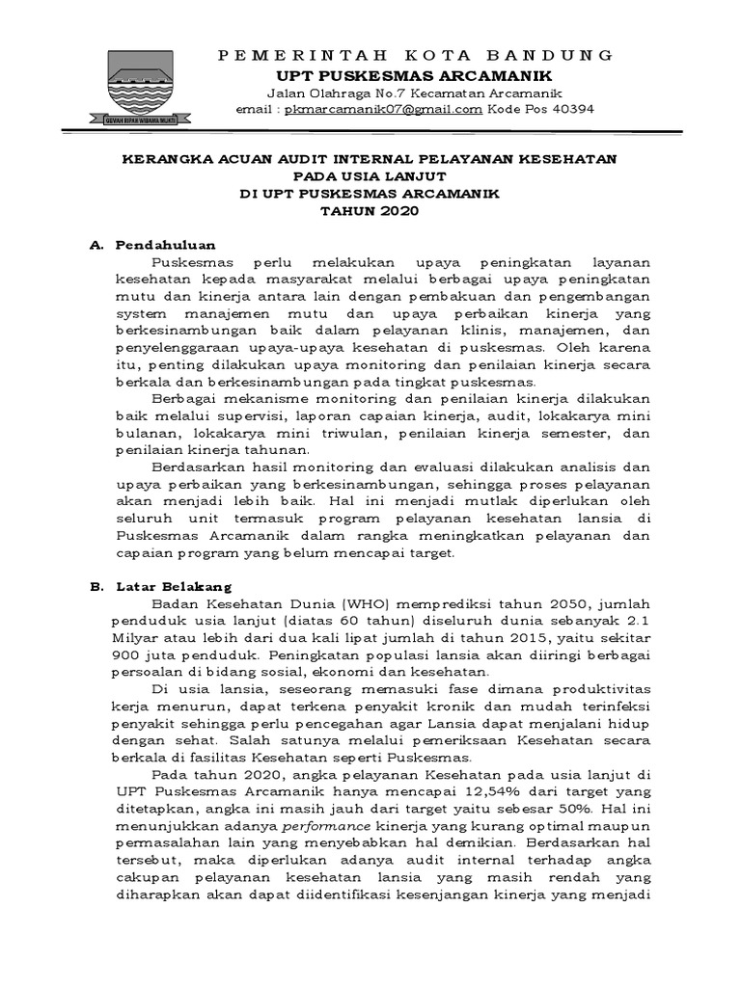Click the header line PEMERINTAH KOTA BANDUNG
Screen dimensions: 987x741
pos(416,55)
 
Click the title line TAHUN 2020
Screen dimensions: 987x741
pos(371,211)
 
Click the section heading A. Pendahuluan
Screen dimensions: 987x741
pos(151,245)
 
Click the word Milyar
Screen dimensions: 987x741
pos(139,637)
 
